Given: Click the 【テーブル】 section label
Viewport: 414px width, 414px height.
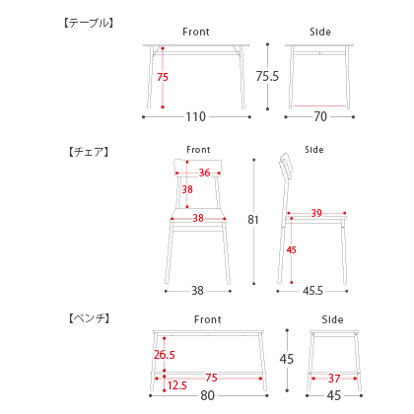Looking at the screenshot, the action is (x=89, y=23).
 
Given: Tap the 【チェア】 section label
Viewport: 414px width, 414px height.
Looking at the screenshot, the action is (x=89, y=152).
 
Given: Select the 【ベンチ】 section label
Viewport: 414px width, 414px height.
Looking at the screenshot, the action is (x=89, y=318).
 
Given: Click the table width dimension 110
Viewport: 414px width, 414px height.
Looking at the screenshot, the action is (x=196, y=116).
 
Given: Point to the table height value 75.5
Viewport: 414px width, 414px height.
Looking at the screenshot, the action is (x=267, y=76).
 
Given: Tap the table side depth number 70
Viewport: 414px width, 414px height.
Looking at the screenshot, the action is (x=320, y=116).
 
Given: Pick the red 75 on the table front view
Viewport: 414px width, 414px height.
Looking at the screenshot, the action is (x=163, y=77).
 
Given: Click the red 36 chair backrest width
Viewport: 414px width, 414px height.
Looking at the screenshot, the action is (x=204, y=172).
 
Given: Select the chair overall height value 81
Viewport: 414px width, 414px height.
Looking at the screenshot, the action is (x=253, y=220).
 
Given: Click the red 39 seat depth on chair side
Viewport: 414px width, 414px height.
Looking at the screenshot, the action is (x=316, y=213).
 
